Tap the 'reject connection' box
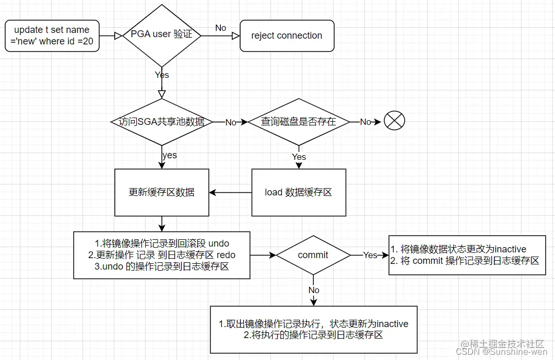tap(287, 36)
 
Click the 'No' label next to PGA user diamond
tap(221, 28)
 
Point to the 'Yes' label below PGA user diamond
tap(162, 75)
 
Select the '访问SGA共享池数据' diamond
tap(162, 122)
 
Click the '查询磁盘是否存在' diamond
tap(298, 122)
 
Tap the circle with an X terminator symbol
tap(394, 121)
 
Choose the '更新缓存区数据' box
tap(162, 192)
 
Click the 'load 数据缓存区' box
tap(298, 192)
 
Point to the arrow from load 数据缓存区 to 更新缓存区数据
tap(230, 192)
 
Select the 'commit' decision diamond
tap(313, 255)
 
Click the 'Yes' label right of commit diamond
tap(370, 255)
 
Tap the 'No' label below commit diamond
tap(314, 290)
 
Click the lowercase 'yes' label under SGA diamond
tap(169, 155)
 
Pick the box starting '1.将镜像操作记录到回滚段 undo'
tap(162, 255)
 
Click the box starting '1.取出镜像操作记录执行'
tap(313, 329)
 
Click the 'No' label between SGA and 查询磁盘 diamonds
tap(231, 122)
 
